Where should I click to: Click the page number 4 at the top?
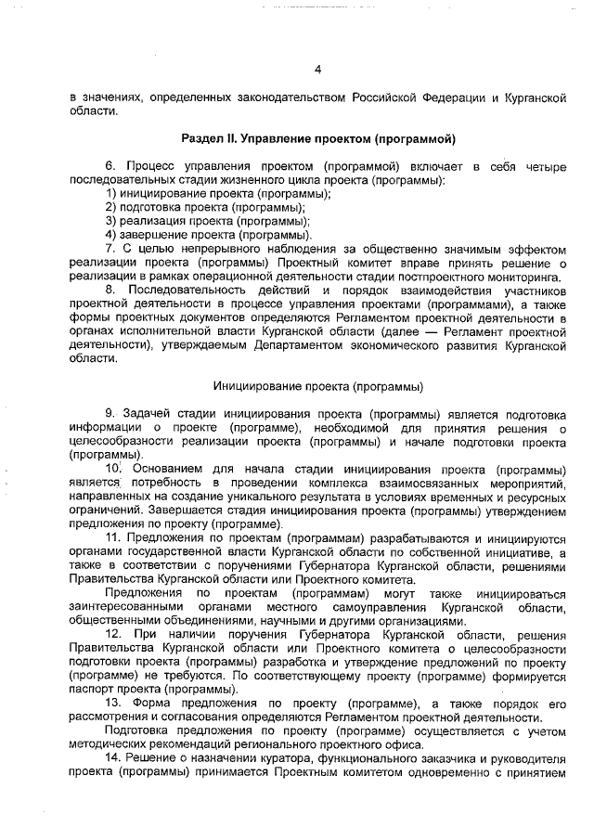[317, 70]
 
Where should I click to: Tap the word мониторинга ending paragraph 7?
[522, 277]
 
